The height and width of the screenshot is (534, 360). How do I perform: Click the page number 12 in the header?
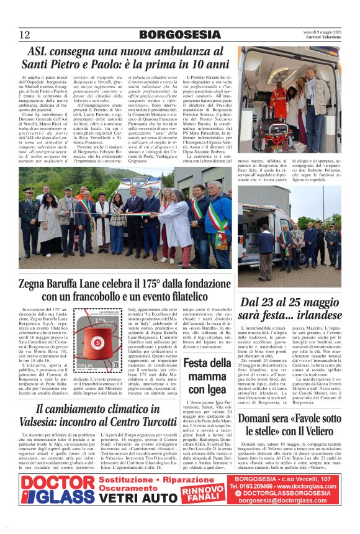(x=24, y=35)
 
